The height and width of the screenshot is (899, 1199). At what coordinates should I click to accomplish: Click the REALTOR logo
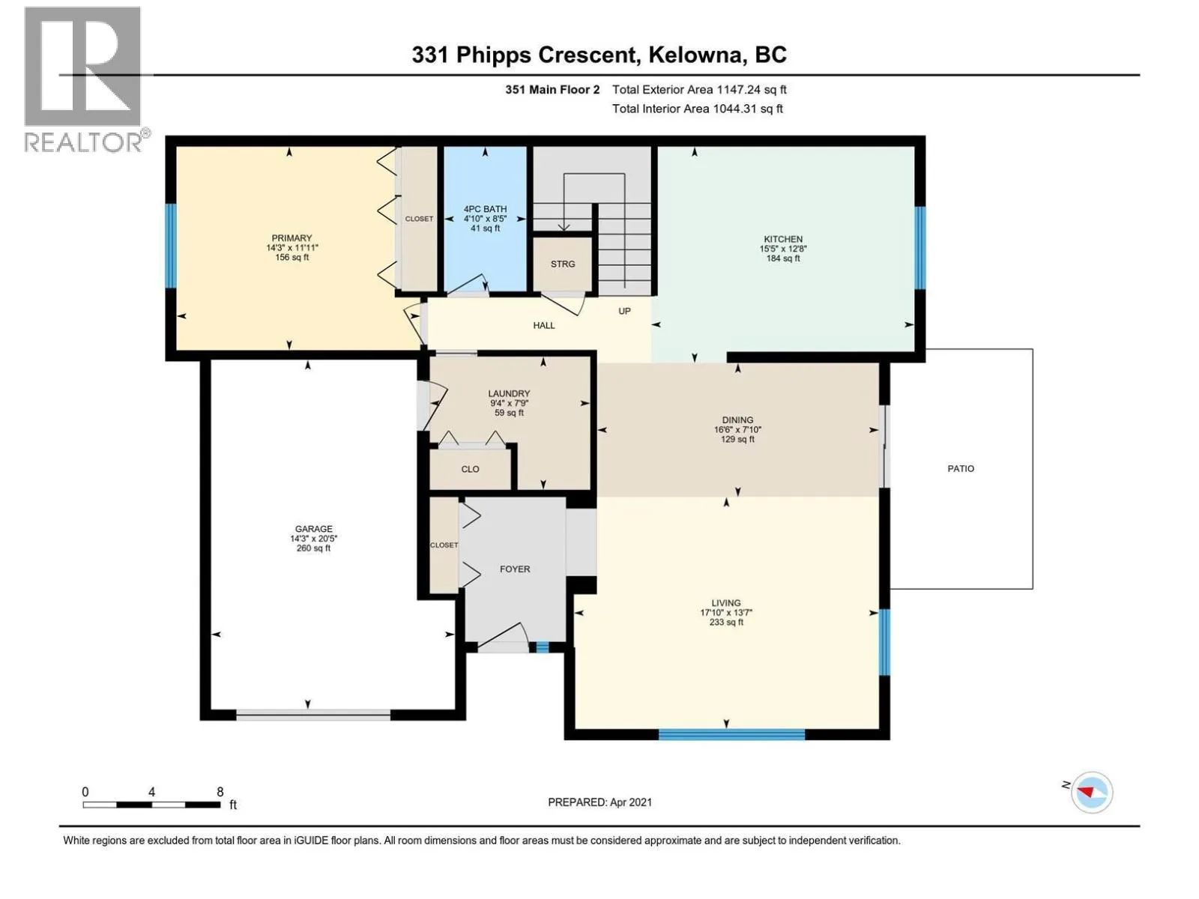(x=85, y=79)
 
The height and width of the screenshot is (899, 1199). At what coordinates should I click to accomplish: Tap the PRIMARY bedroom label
(x=292, y=238)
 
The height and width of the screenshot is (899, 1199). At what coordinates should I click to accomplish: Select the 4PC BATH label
(x=485, y=209)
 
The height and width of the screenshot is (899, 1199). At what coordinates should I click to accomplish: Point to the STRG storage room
(x=563, y=264)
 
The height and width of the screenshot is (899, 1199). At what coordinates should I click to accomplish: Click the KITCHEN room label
(x=783, y=239)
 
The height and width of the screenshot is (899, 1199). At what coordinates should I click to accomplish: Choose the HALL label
(x=543, y=325)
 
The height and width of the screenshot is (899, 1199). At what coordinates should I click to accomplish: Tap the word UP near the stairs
(x=624, y=311)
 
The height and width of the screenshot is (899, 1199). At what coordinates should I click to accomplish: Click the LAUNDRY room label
(x=509, y=393)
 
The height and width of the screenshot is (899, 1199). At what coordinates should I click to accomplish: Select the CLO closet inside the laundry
(x=470, y=470)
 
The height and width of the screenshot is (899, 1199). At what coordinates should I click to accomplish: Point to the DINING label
(x=737, y=420)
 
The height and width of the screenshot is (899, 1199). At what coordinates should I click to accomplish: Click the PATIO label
(x=961, y=468)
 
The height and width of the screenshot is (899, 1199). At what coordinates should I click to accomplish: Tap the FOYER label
(x=515, y=569)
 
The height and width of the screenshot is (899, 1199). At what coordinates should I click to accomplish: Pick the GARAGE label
(x=313, y=529)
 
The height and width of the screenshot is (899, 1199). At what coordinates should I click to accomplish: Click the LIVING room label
(x=726, y=603)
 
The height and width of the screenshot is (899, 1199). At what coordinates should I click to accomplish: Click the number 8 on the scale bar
(x=220, y=792)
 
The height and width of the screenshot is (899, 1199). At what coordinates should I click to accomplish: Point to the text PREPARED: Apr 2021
(x=599, y=802)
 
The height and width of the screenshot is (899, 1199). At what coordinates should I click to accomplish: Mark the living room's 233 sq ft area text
(x=726, y=623)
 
